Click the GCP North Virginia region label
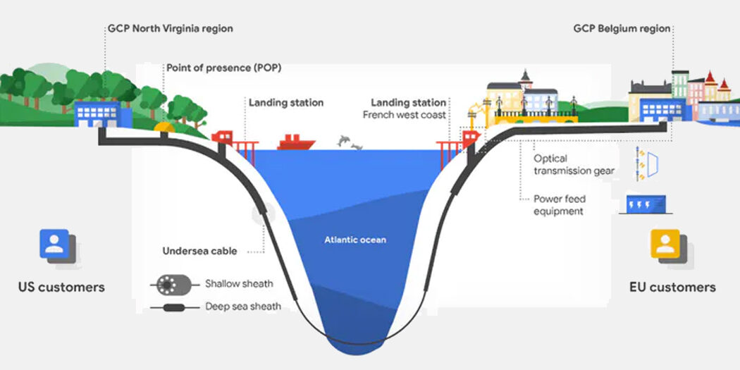click(170, 29)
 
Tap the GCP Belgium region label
click(622, 29)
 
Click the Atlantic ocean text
click(354, 240)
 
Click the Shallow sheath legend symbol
click(170, 285)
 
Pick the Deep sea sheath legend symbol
click(170, 307)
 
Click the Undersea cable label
click(199, 251)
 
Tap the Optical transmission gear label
click(574, 165)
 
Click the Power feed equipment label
click(559, 205)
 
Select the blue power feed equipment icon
click(645, 204)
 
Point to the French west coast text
click(404, 114)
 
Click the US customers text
click(61, 287)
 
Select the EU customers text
click(672, 287)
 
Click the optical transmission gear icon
click(648, 162)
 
